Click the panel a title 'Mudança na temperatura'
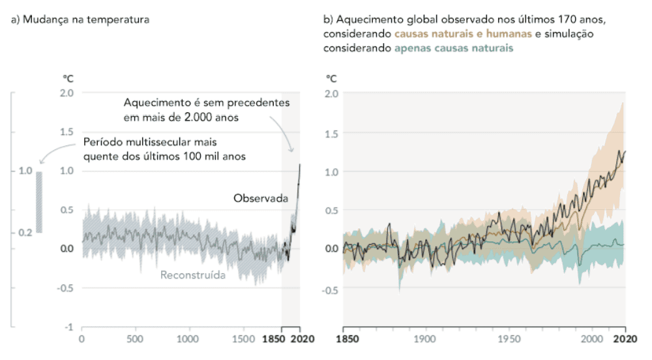tap(80, 20)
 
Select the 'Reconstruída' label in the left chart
tap(193, 275)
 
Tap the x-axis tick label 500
tap(135, 339)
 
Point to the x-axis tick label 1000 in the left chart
tap(188, 339)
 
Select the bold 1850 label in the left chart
tap(272, 339)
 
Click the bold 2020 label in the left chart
tap(300, 339)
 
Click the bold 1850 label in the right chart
tap(344, 339)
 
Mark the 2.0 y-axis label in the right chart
tap(331, 93)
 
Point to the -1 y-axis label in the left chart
tap(67, 327)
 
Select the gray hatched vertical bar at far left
tap(39, 202)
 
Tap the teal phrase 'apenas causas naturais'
tap(454, 48)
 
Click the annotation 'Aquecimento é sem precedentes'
tap(206, 104)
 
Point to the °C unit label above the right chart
tap(331, 78)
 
